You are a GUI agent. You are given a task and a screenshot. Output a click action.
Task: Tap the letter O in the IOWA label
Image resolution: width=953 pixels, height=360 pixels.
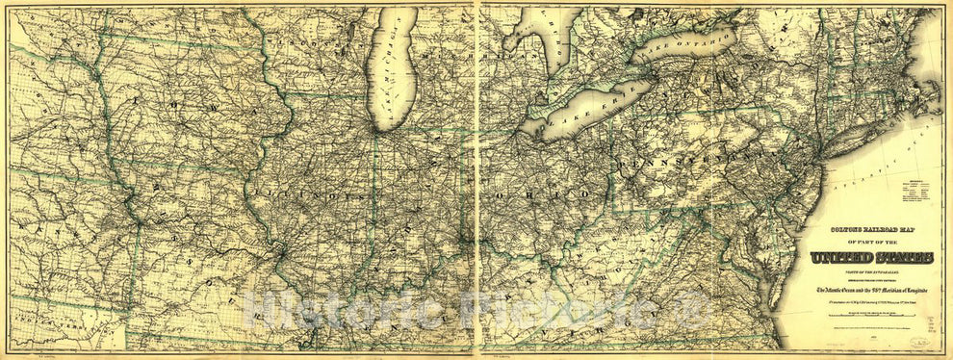pos(168,100)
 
